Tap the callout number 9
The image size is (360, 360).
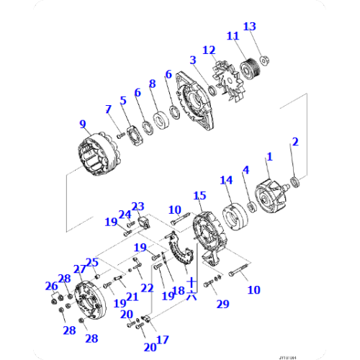point(83,124)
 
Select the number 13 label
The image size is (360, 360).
point(249,27)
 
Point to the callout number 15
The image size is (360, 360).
point(199,195)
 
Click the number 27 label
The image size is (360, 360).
point(79,269)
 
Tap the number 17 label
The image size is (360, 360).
point(162,339)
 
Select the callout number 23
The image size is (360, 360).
point(138,206)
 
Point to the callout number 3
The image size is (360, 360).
point(193,60)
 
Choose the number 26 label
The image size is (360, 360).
point(50,286)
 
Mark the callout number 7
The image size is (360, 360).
point(108,109)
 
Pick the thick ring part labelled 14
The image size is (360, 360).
point(232,215)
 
